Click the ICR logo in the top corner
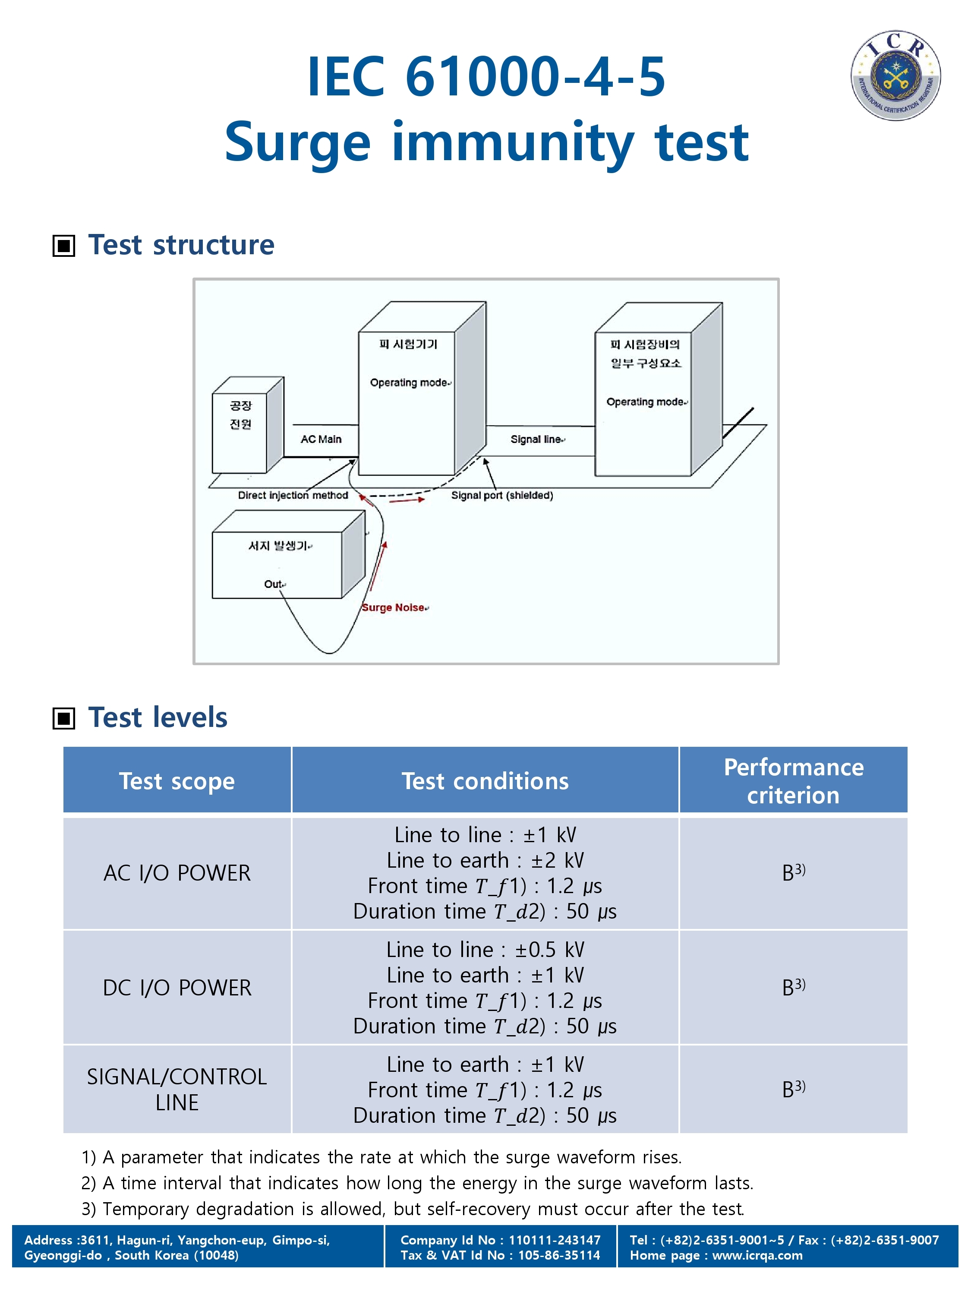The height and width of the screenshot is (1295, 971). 895,76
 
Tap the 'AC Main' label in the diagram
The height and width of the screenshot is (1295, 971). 321,439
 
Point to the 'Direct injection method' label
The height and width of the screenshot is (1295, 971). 293,495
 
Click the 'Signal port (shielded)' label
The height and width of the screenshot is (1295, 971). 501,495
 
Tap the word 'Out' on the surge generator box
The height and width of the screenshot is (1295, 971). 273,584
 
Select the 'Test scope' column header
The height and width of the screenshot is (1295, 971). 177,781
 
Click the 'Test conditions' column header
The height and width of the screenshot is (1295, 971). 485,781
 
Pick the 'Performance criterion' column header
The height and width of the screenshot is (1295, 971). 793,781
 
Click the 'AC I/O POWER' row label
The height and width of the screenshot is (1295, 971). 177,873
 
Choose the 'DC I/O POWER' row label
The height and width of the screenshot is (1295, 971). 177,988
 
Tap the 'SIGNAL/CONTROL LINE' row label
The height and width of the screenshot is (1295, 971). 177,1090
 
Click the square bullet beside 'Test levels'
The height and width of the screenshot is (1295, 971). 64,718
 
